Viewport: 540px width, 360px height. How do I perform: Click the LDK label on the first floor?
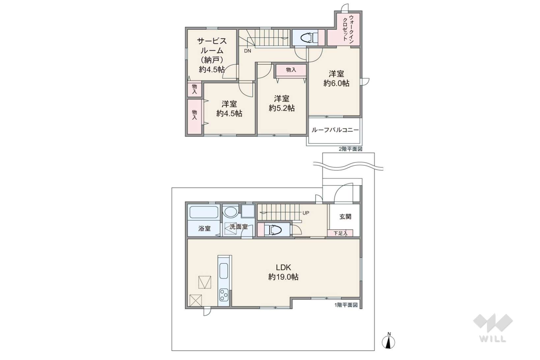pyautogui.click(x=283, y=267)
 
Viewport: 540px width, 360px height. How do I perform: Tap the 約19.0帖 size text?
pyautogui.click(x=283, y=277)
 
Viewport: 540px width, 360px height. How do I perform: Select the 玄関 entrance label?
pyautogui.click(x=345, y=217)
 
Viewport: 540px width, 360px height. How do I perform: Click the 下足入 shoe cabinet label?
pyautogui.click(x=340, y=233)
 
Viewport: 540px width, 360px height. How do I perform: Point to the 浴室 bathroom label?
pyautogui.click(x=204, y=229)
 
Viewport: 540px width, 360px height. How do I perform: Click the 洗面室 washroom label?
pyautogui.click(x=239, y=227)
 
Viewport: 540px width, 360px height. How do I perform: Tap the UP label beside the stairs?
pyautogui.click(x=306, y=213)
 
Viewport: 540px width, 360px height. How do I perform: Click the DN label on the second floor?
pyautogui.click(x=247, y=51)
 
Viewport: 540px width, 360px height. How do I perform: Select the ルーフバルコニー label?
pyautogui.click(x=335, y=130)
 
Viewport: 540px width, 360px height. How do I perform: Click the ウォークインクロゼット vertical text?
pyautogui.click(x=348, y=29)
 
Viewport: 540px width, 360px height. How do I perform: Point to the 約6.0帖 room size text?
pyautogui.click(x=336, y=83)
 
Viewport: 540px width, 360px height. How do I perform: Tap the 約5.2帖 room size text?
pyautogui.click(x=282, y=108)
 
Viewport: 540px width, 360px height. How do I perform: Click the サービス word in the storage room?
pyautogui.click(x=212, y=41)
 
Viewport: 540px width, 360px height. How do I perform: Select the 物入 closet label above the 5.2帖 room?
pyautogui.click(x=291, y=70)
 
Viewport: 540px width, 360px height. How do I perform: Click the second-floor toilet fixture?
pyautogui.click(x=309, y=38)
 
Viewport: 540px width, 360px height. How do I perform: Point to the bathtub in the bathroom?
pyautogui.click(x=204, y=212)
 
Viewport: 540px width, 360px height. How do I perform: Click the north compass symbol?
pyautogui.click(x=388, y=342)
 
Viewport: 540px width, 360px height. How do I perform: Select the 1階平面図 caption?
pyautogui.click(x=346, y=305)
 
